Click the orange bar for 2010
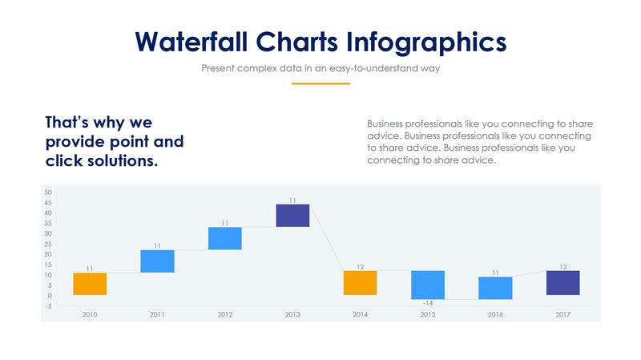pos(90,284)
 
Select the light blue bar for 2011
pos(157,261)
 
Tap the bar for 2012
pos(224,238)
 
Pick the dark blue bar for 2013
pos(292,216)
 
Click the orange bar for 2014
pos(360,282)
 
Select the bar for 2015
pos(428,285)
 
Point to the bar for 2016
pos(495,288)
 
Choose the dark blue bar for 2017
pos(562,282)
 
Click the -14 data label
pos(428,303)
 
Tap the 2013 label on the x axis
pos(292,314)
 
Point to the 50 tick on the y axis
pos(48,192)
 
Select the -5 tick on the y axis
pos(48,305)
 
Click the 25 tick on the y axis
pos(48,244)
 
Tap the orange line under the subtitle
pos(320,83)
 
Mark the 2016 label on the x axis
pos(495,314)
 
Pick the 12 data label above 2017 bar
pos(562,266)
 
